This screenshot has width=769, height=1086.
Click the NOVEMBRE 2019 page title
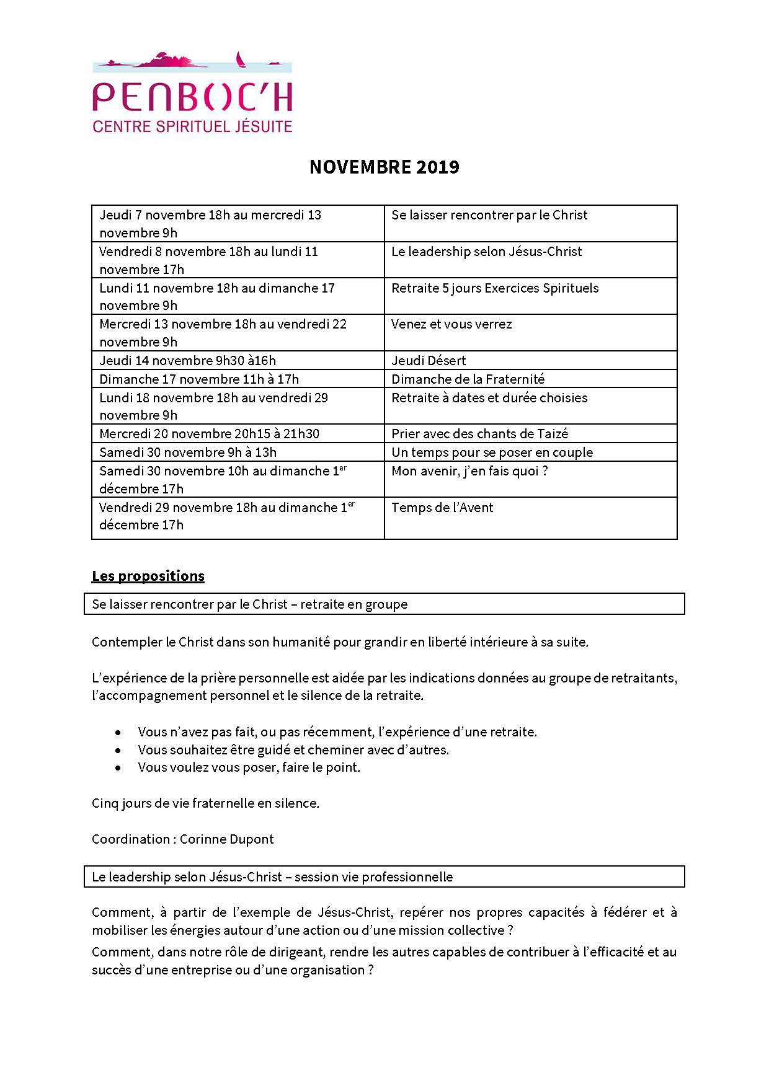coord(384,167)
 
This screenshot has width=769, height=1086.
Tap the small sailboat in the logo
coord(239,61)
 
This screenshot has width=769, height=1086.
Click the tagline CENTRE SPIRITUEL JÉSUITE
coord(192,126)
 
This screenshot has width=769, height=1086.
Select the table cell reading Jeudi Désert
coord(429,360)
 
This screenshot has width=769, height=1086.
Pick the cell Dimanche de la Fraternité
coord(468,379)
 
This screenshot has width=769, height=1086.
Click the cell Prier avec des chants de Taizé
coord(479,433)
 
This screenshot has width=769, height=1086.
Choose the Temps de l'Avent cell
coord(442,508)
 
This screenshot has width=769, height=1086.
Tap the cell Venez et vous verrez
coord(451,324)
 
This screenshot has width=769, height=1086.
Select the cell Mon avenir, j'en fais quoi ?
coord(469,471)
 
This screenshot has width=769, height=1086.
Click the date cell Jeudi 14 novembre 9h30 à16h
coord(187,360)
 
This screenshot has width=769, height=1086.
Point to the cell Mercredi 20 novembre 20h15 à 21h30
coord(209,433)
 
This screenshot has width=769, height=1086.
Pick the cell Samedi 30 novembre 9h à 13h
coord(188,452)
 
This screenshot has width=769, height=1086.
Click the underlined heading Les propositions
coord(148,576)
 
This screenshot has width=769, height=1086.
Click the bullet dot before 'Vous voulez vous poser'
coord(118,768)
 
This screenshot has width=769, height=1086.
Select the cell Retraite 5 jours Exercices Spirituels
coord(495,288)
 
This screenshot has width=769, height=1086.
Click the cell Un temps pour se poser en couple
coord(492,452)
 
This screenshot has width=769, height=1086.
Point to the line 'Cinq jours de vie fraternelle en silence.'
coord(205,803)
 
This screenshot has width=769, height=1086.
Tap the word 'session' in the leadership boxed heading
coord(314,876)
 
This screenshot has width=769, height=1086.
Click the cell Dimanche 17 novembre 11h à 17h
coord(199,379)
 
